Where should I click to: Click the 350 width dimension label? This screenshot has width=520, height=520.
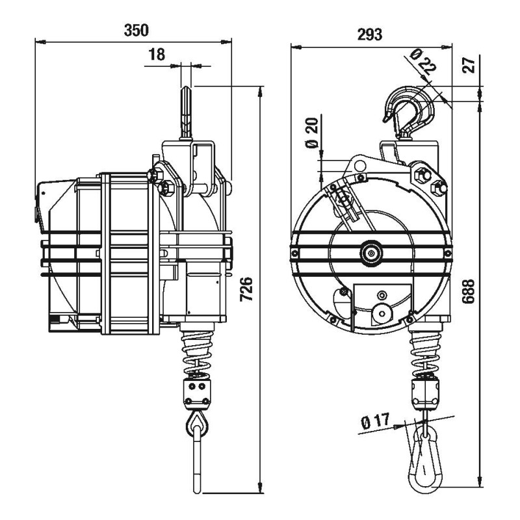(135, 30)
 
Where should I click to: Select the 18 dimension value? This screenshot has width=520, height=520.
(156, 55)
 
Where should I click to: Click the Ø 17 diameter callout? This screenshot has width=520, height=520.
(374, 423)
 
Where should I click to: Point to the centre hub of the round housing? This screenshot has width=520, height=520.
(371, 253)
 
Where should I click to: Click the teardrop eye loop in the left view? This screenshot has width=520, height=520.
(198, 425)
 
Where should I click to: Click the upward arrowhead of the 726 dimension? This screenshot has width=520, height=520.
(261, 88)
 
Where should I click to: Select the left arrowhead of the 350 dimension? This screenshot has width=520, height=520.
(38, 41)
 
